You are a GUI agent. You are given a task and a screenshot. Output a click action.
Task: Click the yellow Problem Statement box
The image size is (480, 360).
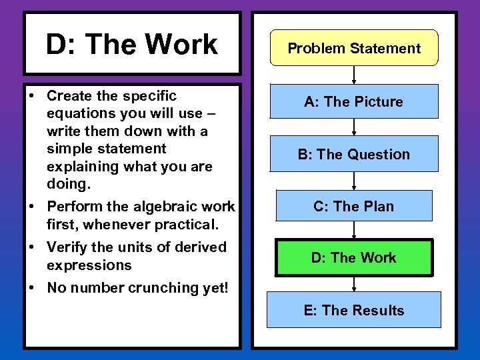tap(354, 48)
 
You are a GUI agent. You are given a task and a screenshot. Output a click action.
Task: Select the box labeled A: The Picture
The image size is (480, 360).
tap(354, 101)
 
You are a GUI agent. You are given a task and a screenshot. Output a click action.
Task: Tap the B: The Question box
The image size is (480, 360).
tap(354, 154)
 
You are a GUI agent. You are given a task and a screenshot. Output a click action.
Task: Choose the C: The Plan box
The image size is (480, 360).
tap(354, 206)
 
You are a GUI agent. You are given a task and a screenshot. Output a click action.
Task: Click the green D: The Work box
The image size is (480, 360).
tap(354, 257)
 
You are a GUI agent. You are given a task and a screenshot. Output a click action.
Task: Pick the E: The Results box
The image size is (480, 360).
tap(354, 310)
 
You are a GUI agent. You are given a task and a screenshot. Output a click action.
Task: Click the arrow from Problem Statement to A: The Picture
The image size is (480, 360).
tap(354, 75)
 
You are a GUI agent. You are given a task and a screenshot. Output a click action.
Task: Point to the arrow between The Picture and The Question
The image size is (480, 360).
tap(354, 127)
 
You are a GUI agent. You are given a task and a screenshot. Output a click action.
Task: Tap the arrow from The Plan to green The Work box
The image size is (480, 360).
tap(354, 230)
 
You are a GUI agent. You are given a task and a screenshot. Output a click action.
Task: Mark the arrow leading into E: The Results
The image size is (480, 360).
tap(354, 283)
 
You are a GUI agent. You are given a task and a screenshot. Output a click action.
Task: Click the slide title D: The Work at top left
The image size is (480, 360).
tap(131, 45)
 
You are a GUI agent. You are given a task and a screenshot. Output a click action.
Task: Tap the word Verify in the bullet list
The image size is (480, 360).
tap(67, 247)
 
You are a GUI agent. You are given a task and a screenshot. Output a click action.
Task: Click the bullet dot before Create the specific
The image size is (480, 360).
tap(32, 97)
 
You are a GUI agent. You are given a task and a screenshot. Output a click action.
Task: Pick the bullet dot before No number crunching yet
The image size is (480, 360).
tap(32, 288)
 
